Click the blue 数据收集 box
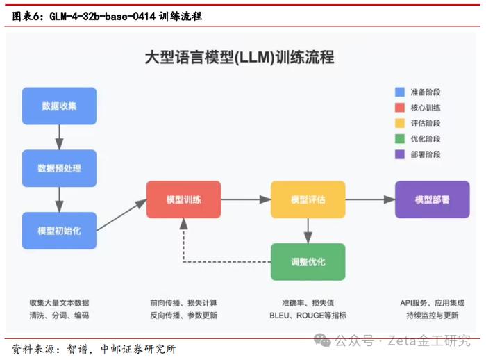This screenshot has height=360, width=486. point(59,106)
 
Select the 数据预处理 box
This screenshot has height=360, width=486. point(59,168)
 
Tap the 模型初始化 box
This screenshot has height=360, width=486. point(59,231)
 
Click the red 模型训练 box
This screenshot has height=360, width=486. point(184,199)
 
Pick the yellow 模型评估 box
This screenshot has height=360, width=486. point(308,199)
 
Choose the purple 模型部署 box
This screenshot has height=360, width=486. point(433,199)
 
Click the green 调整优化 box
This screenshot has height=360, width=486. point(308,262)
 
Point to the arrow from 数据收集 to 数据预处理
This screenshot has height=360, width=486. point(59,137)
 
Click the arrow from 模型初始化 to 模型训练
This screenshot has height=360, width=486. point(121,215)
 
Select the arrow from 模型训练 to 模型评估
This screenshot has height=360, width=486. point(246,199)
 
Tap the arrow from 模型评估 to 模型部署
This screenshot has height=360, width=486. point(370,199)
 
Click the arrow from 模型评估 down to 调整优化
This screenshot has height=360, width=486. point(308,231)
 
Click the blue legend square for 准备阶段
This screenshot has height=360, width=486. point(400,92)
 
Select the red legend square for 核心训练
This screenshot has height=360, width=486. point(400,108)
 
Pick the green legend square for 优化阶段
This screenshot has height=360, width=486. point(400,139)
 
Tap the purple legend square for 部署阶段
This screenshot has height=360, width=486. point(400,154)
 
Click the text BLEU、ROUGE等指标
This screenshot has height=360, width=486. point(308,316)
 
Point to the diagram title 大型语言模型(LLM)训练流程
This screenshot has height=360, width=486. point(240,58)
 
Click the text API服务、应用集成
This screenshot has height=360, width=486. point(433,303)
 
